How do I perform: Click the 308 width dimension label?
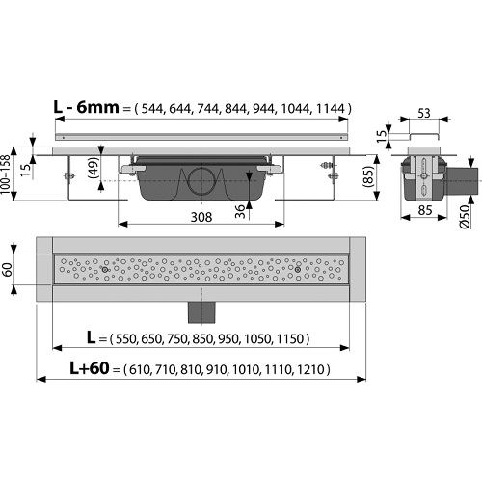201,218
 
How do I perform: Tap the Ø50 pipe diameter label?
465,217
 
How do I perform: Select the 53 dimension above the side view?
424,114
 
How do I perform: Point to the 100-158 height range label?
5,174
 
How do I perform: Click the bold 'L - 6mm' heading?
86,107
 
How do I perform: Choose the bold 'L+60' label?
90,368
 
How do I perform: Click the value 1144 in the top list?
330,109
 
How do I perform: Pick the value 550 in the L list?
125,339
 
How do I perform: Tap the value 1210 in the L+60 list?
310,369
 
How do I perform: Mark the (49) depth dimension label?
94,167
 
